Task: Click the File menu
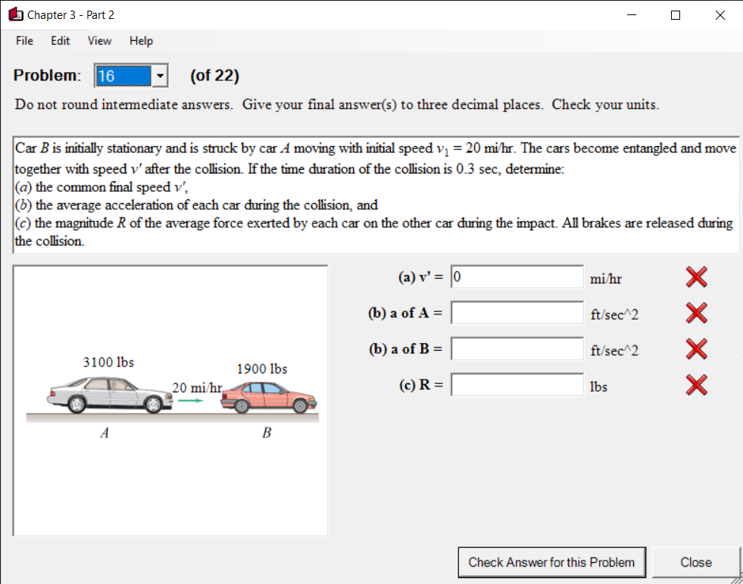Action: [x=24, y=41]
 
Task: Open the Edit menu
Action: [x=60, y=41]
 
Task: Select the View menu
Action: [x=99, y=41]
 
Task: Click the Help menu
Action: [x=141, y=41]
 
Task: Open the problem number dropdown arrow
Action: [x=160, y=76]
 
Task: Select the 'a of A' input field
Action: [x=517, y=313]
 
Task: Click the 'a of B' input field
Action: [x=517, y=348]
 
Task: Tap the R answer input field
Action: [x=517, y=385]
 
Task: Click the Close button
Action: [x=695, y=562]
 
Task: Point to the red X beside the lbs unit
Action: [x=697, y=386]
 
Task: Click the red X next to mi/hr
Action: [x=697, y=278]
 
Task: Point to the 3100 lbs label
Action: [x=108, y=362]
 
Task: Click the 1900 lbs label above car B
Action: [x=262, y=369]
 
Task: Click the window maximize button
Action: [x=676, y=14]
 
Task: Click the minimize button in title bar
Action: [x=631, y=14]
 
